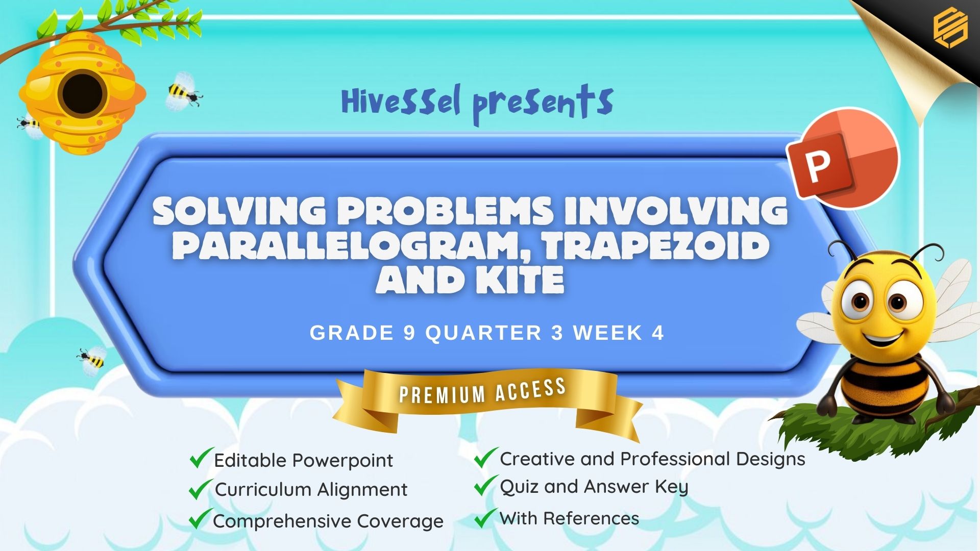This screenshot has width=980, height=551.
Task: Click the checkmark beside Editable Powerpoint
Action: tap(201, 458)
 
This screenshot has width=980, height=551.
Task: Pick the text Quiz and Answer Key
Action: tap(594, 487)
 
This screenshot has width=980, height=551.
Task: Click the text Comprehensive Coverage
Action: tap(328, 521)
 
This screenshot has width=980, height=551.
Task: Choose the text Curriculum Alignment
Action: tap(311, 489)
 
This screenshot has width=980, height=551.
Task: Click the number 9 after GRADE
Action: tap(409, 333)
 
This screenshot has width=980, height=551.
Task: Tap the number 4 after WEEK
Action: tap(658, 333)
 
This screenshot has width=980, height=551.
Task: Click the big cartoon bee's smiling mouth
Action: tap(883, 337)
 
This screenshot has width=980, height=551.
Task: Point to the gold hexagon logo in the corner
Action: tap(950, 28)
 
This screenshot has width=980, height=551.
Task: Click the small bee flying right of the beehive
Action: tap(183, 92)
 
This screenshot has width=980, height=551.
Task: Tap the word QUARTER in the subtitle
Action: tap(483, 333)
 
